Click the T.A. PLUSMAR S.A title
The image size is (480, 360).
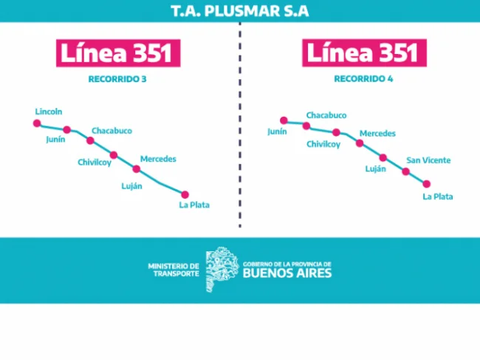(x=240, y=11)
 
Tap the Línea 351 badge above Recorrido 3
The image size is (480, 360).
(x=118, y=53)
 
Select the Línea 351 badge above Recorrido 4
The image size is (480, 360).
(x=364, y=52)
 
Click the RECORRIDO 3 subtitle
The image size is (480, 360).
(x=117, y=79)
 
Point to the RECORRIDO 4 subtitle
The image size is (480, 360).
(x=363, y=79)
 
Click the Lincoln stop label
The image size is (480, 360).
(x=49, y=112)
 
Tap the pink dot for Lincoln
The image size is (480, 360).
(x=37, y=123)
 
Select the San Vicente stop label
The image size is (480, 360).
(x=428, y=160)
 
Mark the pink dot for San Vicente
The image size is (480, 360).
(x=405, y=171)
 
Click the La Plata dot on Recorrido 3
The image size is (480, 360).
(x=185, y=194)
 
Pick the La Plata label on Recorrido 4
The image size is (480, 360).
(x=438, y=197)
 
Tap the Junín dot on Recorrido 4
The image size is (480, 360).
(x=284, y=120)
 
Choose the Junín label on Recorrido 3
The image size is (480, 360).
(x=55, y=140)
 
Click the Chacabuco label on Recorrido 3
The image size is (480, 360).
(x=112, y=131)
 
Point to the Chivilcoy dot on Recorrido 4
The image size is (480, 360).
(x=336, y=132)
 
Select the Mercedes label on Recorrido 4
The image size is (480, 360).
(x=377, y=133)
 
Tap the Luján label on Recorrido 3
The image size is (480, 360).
(x=131, y=186)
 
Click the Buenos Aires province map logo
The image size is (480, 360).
(x=222, y=269)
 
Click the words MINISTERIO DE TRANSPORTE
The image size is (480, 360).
(x=174, y=270)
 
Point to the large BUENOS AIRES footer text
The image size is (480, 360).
(x=287, y=273)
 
